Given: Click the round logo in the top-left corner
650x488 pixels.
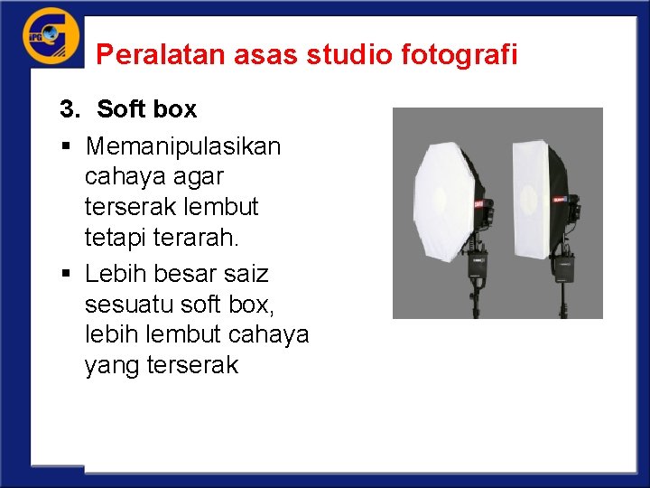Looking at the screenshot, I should tap(51, 36).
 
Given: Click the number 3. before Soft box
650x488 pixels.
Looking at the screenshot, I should tap(70, 109).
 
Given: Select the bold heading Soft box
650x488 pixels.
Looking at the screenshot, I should tap(146, 109).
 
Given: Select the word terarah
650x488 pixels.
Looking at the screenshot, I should tap(200, 238).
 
